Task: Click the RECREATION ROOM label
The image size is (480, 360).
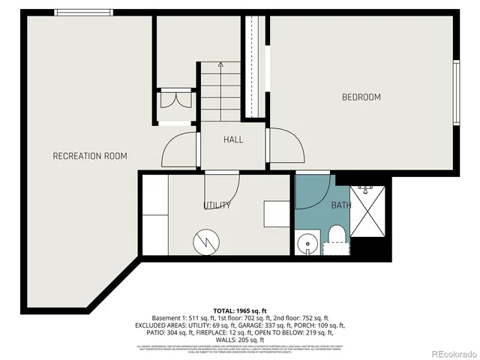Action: [x=89, y=156]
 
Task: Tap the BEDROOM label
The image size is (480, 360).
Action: [x=361, y=97]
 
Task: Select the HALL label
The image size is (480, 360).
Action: [x=233, y=139]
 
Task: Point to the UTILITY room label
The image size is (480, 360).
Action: [x=217, y=205]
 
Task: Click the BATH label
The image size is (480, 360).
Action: [x=341, y=205]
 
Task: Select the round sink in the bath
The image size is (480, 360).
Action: [x=306, y=244]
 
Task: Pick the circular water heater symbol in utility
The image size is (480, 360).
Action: [x=205, y=241]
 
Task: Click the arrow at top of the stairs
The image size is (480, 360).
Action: [x=220, y=65]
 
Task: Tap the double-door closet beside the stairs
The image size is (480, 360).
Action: [x=177, y=100]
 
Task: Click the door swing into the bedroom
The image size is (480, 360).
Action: [x=287, y=146]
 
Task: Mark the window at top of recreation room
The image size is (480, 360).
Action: [x=83, y=11]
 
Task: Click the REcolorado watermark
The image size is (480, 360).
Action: [x=448, y=352]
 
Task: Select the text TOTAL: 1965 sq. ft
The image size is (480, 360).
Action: [x=240, y=310]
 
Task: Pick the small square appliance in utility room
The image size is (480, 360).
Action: [x=274, y=212]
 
